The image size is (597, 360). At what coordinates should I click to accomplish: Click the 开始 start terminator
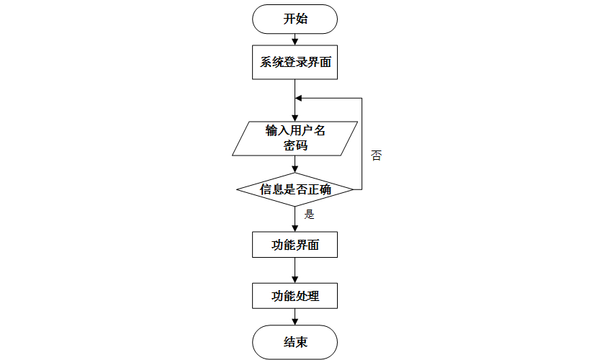[x=295, y=19]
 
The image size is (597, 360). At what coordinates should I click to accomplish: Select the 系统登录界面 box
[x=295, y=62]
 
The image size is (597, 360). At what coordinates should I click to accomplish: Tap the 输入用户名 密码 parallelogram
[x=295, y=138]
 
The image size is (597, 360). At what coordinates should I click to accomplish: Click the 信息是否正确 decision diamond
[x=295, y=189]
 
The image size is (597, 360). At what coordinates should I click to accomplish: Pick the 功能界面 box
[x=295, y=244]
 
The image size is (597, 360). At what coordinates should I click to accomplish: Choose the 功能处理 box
[x=295, y=295]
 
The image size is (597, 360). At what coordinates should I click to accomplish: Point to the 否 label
[x=376, y=156]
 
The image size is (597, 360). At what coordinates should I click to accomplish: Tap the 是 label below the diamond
[x=310, y=214]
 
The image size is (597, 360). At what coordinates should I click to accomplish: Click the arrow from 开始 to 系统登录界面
[x=295, y=39]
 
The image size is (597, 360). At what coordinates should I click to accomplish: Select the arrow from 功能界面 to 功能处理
[x=295, y=270]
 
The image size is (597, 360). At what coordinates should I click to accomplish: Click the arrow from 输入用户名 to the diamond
[x=295, y=164]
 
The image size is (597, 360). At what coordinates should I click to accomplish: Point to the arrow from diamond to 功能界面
[x=295, y=218]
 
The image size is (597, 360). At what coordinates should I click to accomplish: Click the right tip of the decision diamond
[x=353, y=189]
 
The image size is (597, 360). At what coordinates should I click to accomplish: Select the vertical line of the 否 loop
[x=361, y=144]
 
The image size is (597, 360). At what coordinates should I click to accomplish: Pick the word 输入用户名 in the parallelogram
[x=295, y=130]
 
